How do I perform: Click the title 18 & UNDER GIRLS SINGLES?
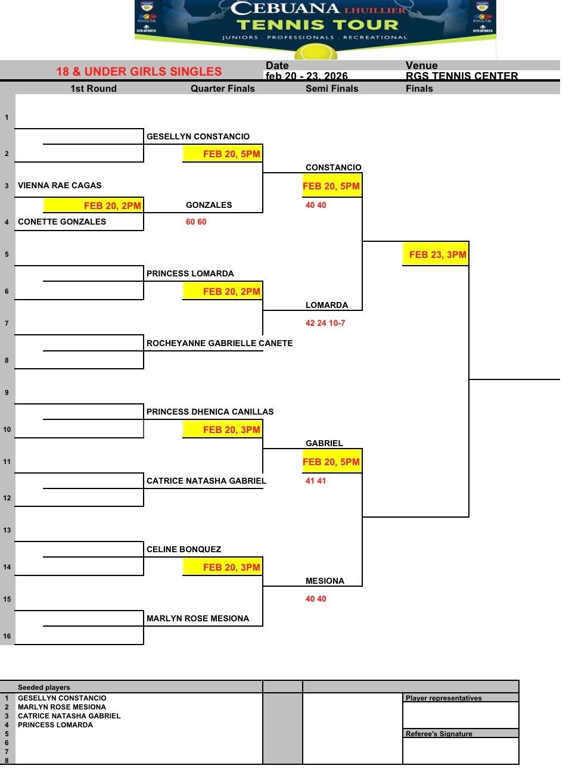pyautogui.click(x=139, y=71)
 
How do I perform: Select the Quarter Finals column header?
pyautogui.click(x=223, y=89)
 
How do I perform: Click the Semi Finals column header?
pyautogui.click(x=332, y=89)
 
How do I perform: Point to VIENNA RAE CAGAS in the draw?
pyautogui.click(x=60, y=185)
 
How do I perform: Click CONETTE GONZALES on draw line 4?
pyautogui.click(x=62, y=222)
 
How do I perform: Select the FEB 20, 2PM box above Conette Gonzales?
pyautogui.click(x=94, y=206)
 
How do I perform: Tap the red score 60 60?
pyautogui.click(x=196, y=222)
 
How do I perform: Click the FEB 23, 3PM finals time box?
pyautogui.click(x=436, y=254)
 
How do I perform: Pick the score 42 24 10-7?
pyautogui.click(x=325, y=323)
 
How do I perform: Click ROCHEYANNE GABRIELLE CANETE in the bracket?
pyautogui.click(x=219, y=343)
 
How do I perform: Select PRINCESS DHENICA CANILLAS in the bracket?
pyautogui.click(x=210, y=412)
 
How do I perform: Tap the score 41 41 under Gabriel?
pyautogui.click(x=315, y=481)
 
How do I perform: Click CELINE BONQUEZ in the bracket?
pyautogui.click(x=184, y=549)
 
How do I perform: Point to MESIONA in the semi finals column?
pyautogui.click(x=325, y=581)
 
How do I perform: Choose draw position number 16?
pyautogui.click(x=7, y=636)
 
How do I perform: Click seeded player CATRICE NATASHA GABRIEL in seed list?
pyautogui.click(x=69, y=716)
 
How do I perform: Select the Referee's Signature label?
pyautogui.click(x=439, y=734)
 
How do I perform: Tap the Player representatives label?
pyautogui.click(x=443, y=698)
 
